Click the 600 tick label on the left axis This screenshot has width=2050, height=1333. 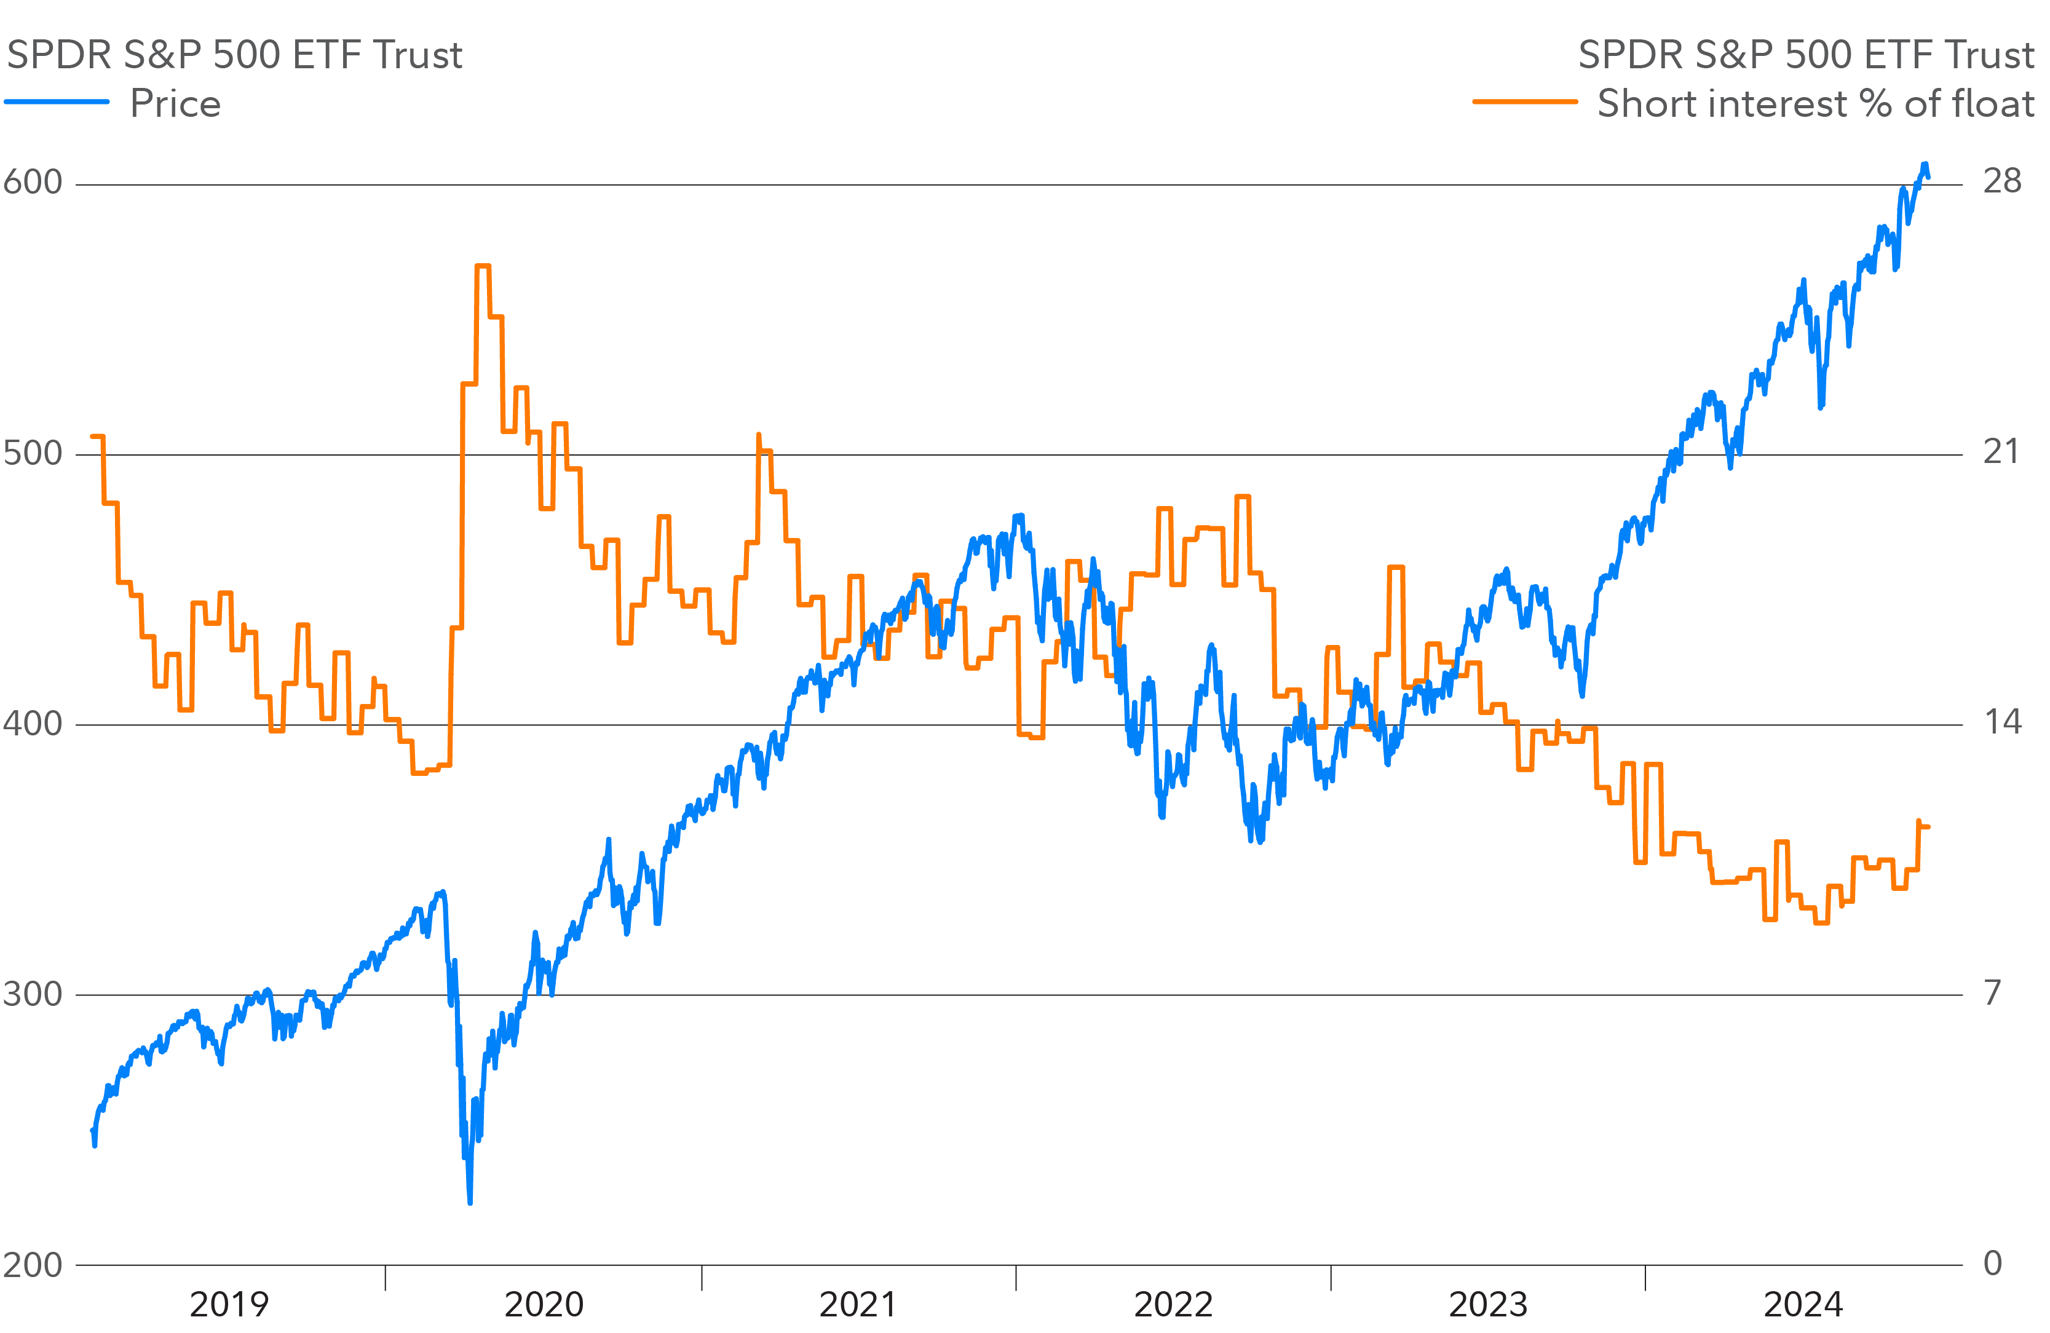tap(33, 183)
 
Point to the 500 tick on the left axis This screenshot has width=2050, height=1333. tap(33, 453)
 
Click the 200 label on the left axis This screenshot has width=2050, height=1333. tap(33, 1265)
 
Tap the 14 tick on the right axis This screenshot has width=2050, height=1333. tap(2002, 722)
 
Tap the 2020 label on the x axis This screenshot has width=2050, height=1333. tap(544, 1305)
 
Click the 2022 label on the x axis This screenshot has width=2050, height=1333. tap(1173, 1305)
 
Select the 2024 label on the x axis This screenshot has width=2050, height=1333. tap(1803, 1305)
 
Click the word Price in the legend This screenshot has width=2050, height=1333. tap(176, 103)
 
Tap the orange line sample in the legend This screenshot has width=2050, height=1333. tap(1524, 101)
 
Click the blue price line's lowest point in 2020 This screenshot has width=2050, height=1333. tap(469, 1202)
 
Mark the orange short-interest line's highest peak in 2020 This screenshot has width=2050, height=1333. tap(482, 266)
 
